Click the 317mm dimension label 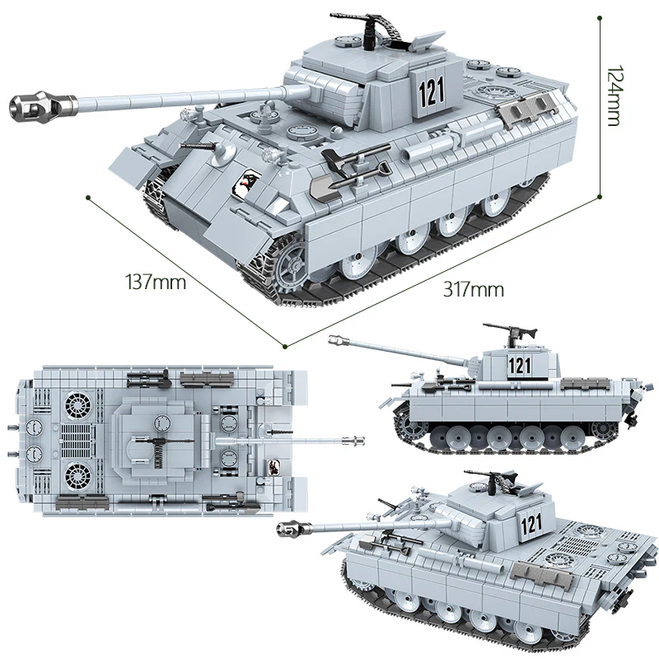click(x=473, y=289)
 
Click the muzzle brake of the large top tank click(x=33, y=105)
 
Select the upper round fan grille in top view click(x=79, y=405)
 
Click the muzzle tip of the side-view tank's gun click(x=334, y=339)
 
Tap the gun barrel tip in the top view click(x=360, y=442)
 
